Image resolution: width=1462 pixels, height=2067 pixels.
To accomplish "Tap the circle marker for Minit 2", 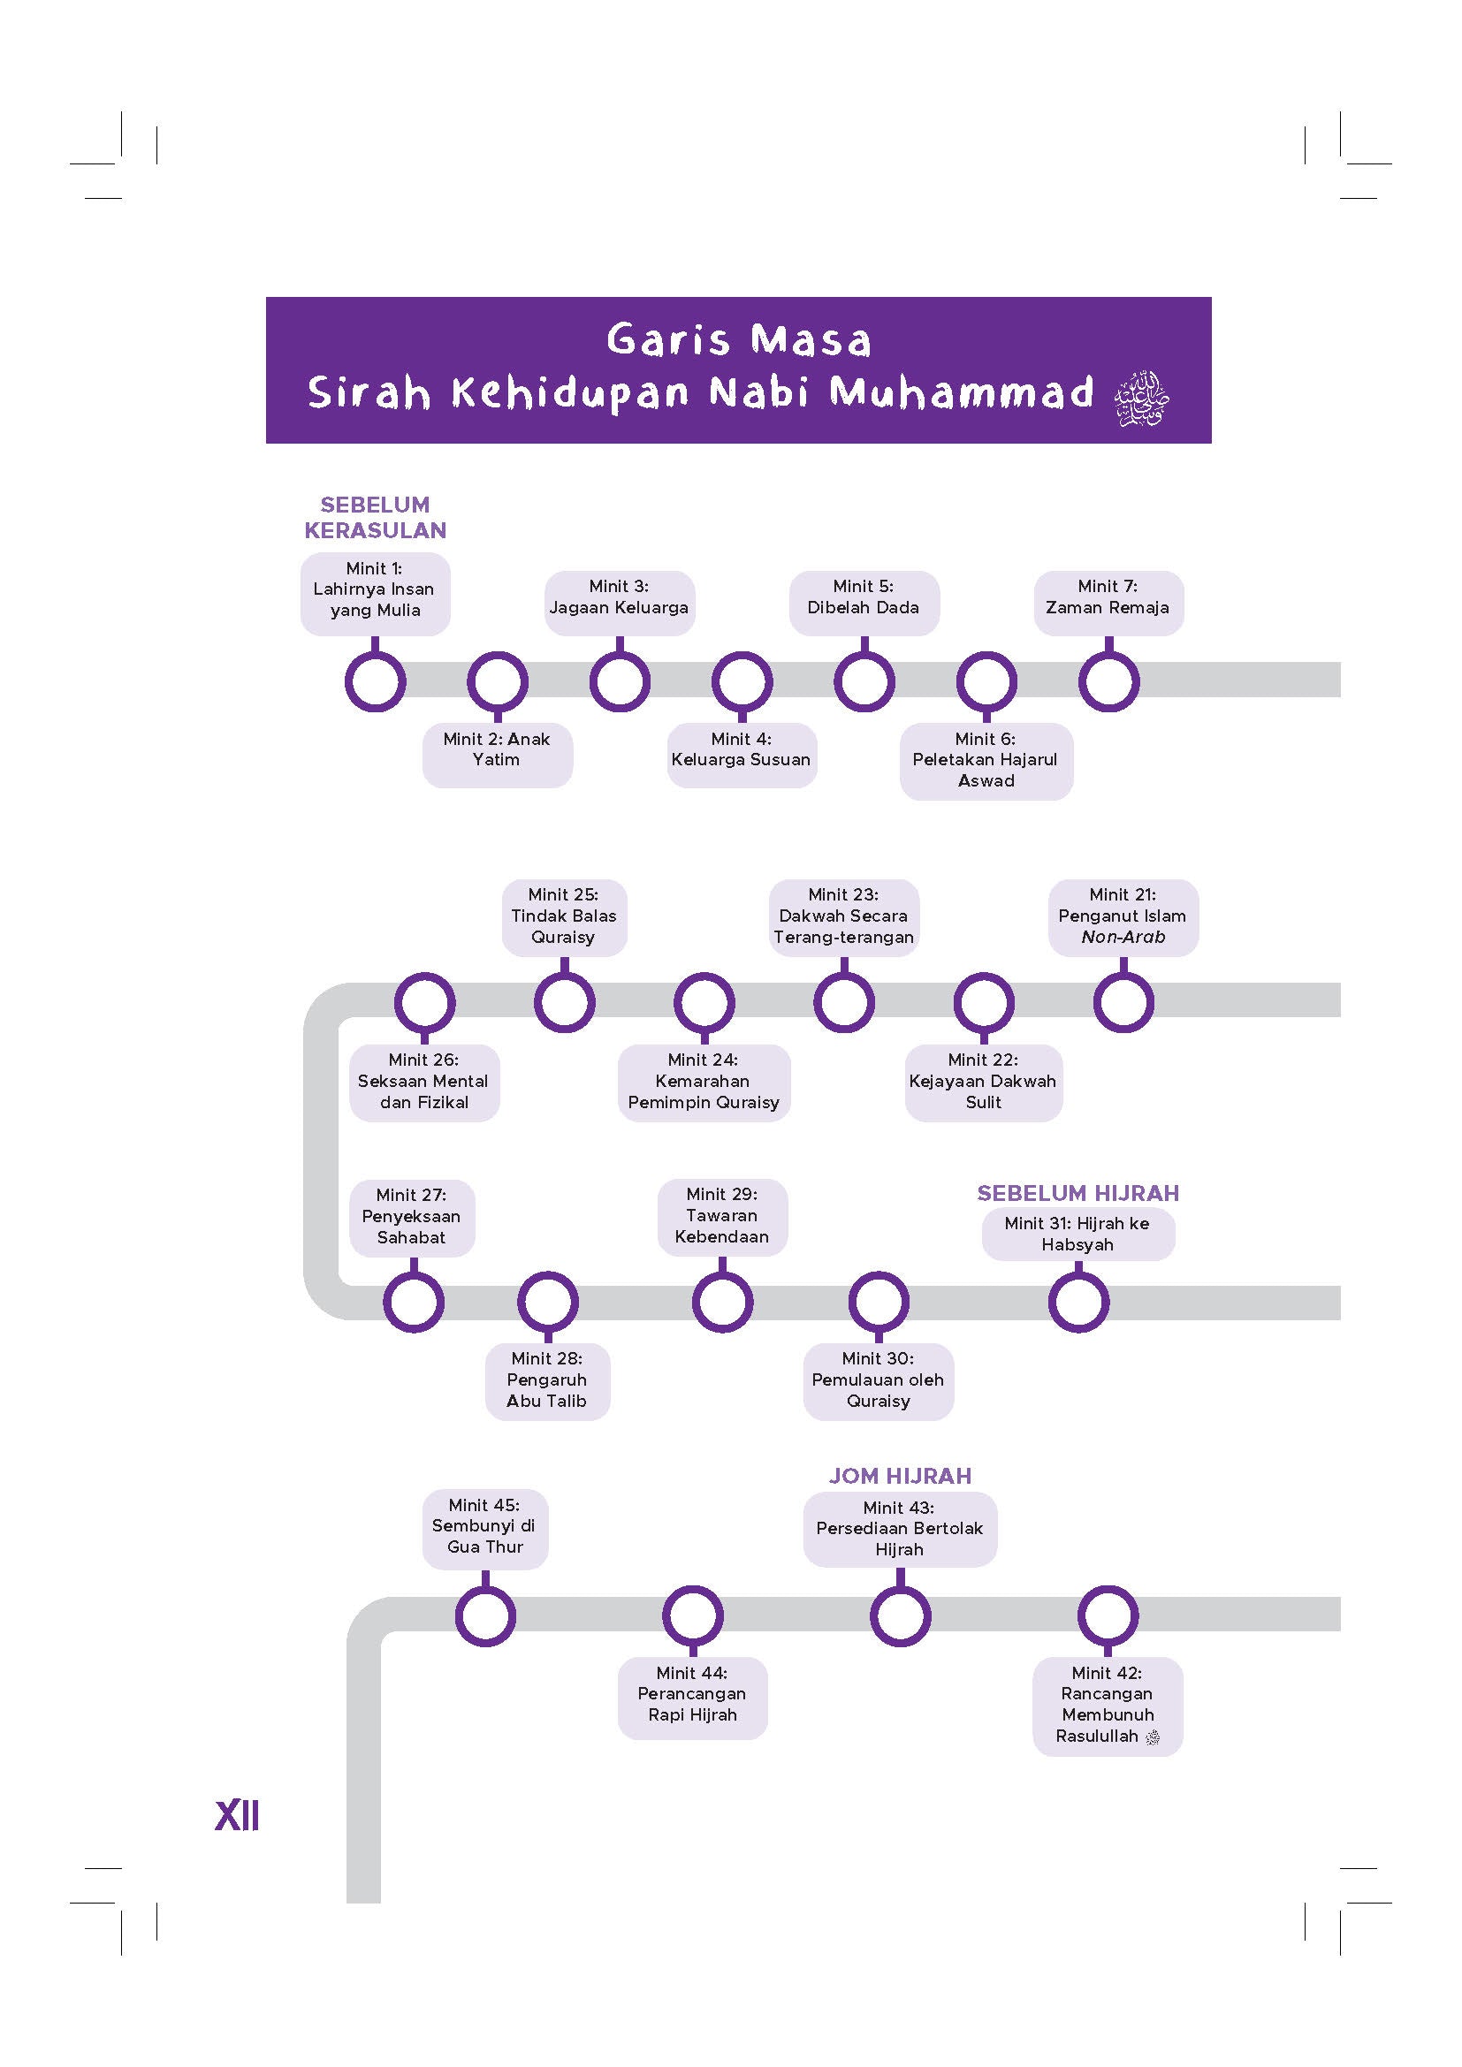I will coord(497,681).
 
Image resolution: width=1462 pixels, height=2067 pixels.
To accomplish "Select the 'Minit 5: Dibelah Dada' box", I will coord(864,597).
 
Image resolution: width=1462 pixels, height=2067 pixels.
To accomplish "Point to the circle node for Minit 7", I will coord(1108,681).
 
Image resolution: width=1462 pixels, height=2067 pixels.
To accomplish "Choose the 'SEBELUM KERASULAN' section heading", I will coord(375,518).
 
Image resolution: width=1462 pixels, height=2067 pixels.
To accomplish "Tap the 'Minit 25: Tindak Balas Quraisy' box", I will coord(564,916).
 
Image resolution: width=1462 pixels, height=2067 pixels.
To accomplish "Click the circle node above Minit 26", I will coord(424,1002).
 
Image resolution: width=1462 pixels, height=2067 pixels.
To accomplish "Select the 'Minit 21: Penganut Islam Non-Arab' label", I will coord(1123,916).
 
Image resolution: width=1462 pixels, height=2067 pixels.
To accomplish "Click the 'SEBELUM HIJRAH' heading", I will coord(1077,1193).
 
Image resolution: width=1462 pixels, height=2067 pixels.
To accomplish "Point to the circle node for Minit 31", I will coord(1078,1302).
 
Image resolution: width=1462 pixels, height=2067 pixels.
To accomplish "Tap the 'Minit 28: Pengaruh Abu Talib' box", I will coord(546,1379).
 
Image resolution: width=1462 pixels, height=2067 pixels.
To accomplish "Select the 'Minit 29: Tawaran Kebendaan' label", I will coord(722,1215).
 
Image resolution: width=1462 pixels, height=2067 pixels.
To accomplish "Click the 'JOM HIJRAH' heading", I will coord(900,1476).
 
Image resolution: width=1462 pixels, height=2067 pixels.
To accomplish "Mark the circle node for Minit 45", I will coord(485,1615).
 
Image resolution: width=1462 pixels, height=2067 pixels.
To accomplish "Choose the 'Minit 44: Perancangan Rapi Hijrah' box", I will coord(691,1694).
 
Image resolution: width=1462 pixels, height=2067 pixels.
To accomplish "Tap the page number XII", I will coord(238,1816).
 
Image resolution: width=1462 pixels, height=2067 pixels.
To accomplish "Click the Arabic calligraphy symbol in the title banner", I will coord(1140,398).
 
